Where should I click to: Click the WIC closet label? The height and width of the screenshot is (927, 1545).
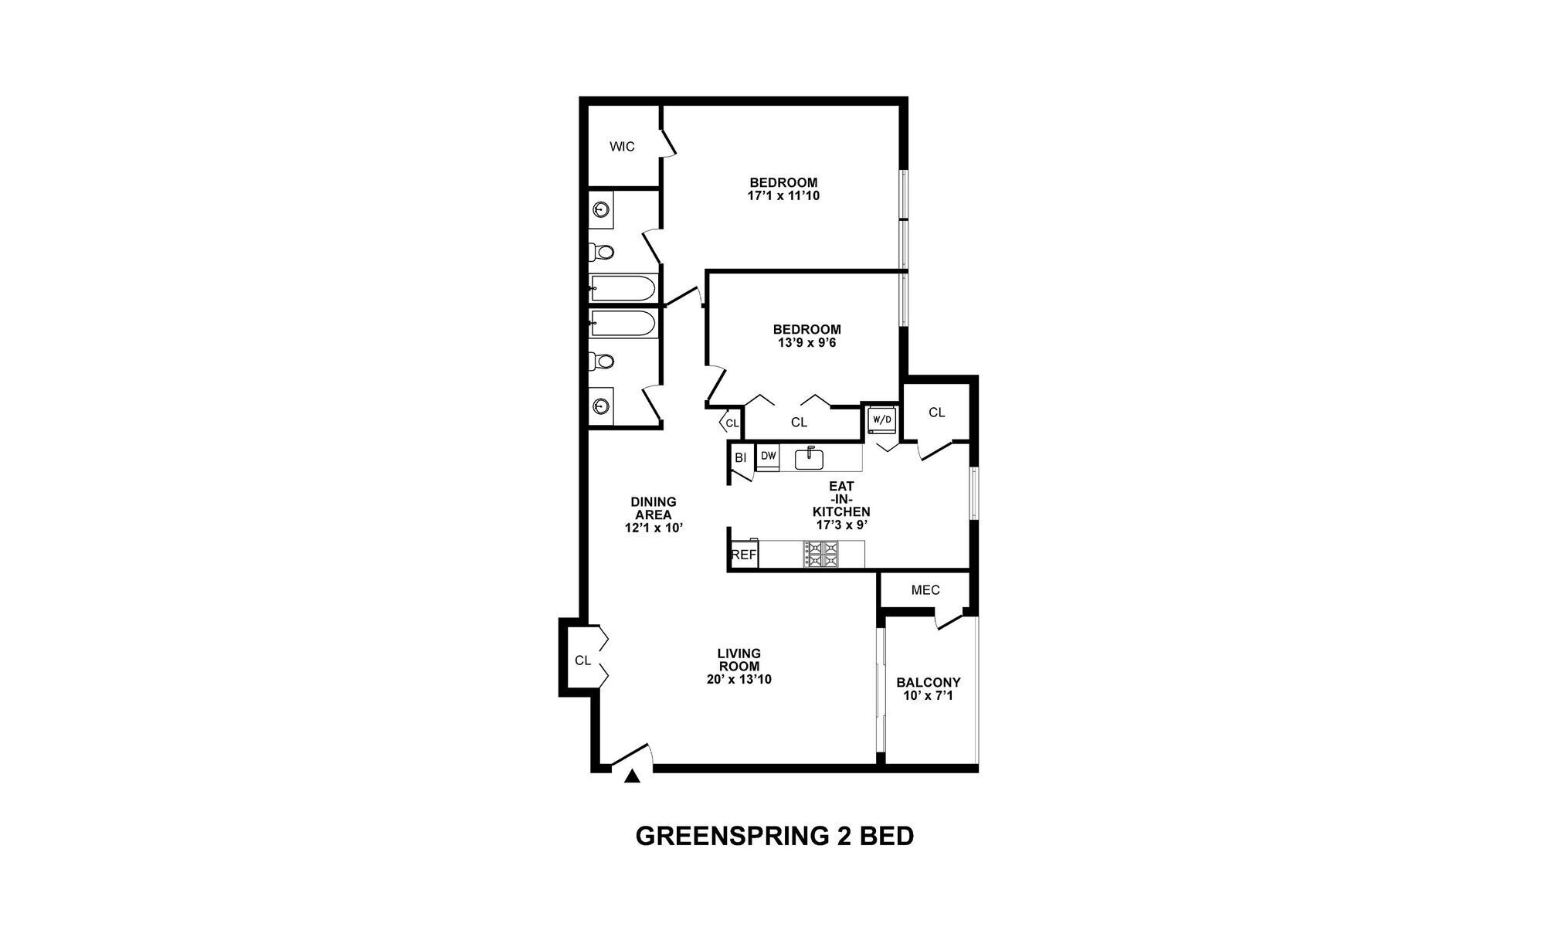pyautogui.click(x=622, y=146)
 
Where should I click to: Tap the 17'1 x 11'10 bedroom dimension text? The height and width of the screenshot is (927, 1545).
pyautogui.click(x=783, y=196)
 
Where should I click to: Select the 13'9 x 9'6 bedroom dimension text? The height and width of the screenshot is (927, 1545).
pyautogui.click(x=806, y=342)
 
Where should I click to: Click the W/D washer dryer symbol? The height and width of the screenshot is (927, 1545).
pyautogui.click(x=881, y=419)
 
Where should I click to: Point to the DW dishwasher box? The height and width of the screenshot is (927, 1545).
pyautogui.click(x=768, y=457)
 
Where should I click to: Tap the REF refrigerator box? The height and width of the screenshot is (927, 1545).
pyautogui.click(x=744, y=555)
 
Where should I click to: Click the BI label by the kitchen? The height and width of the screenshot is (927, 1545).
pyautogui.click(x=740, y=457)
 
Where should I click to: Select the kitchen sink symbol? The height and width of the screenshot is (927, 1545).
pyautogui.click(x=809, y=458)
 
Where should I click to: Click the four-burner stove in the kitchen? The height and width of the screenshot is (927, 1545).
pyautogui.click(x=821, y=554)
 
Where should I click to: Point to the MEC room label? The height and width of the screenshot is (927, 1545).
pyautogui.click(x=925, y=590)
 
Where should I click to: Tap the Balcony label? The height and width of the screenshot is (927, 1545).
pyautogui.click(x=928, y=683)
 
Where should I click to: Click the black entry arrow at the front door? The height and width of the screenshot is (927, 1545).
pyautogui.click(x=632, y=776)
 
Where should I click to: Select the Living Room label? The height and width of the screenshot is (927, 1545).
pyautogui.click(x=739, y=660)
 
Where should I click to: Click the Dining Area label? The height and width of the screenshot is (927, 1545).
pyautogui.click(x=654, y=508)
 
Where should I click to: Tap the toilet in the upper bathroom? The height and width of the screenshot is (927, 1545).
pyautogui.click(x=602, y=252)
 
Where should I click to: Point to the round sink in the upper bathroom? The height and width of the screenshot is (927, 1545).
pyautogui.click(x=602, y=209)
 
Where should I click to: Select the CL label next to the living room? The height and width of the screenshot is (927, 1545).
pyautogui.click(x=582, y=660)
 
